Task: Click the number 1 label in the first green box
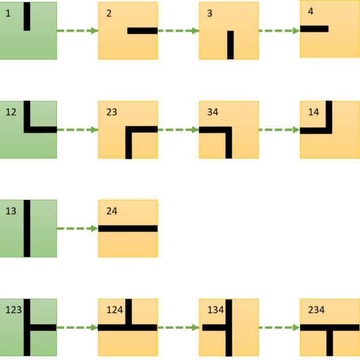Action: point(8,13)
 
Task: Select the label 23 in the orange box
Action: point(111,112)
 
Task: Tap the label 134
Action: point(215,310)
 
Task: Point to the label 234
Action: point(316,310)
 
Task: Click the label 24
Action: point(111,211)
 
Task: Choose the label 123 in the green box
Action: point(13,310)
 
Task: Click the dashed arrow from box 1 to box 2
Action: point(77,30)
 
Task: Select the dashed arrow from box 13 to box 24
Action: point(77,228)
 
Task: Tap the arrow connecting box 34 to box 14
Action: point(279,129)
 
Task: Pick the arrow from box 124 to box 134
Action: point(178,327)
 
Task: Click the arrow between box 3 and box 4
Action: point(279,30)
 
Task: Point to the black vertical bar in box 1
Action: point(26,16)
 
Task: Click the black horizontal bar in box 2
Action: point(142,31)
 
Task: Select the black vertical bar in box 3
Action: point(230,45)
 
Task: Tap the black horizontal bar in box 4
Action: point(314,28)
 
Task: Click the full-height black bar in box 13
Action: point(26,228)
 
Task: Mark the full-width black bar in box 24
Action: point(128,228)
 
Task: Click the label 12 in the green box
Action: point(10,112)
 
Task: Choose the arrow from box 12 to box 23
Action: point(77,129)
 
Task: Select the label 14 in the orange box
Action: point(313,112)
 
